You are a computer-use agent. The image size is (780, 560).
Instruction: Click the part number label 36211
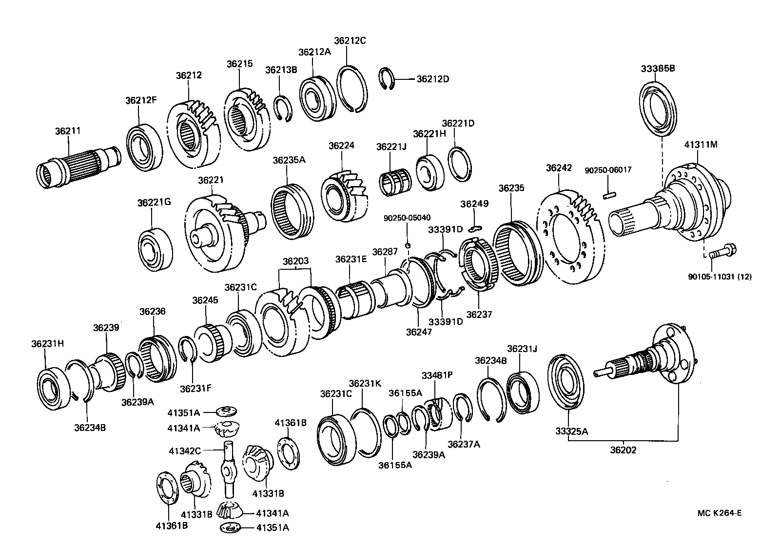pyautogui.click(x=68, y=131)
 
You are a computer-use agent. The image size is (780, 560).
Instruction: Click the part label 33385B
pyautogui.click(x=658, y=69)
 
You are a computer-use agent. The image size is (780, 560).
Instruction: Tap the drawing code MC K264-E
pyautogui.click(x=719, y=512)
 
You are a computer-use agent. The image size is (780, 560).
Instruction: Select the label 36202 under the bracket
pyautogui.click(x=623, y=450)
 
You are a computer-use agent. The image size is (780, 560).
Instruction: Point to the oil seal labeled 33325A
pyautogui.click(x=567, y=383)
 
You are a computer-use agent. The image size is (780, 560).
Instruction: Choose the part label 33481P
pyautogui.click(x=437, y=375)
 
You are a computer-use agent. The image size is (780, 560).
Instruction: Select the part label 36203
pyautogui.click(x=295, y=261)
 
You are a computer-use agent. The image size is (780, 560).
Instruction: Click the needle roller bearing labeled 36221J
pyautogui.click(x=395, y=185)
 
